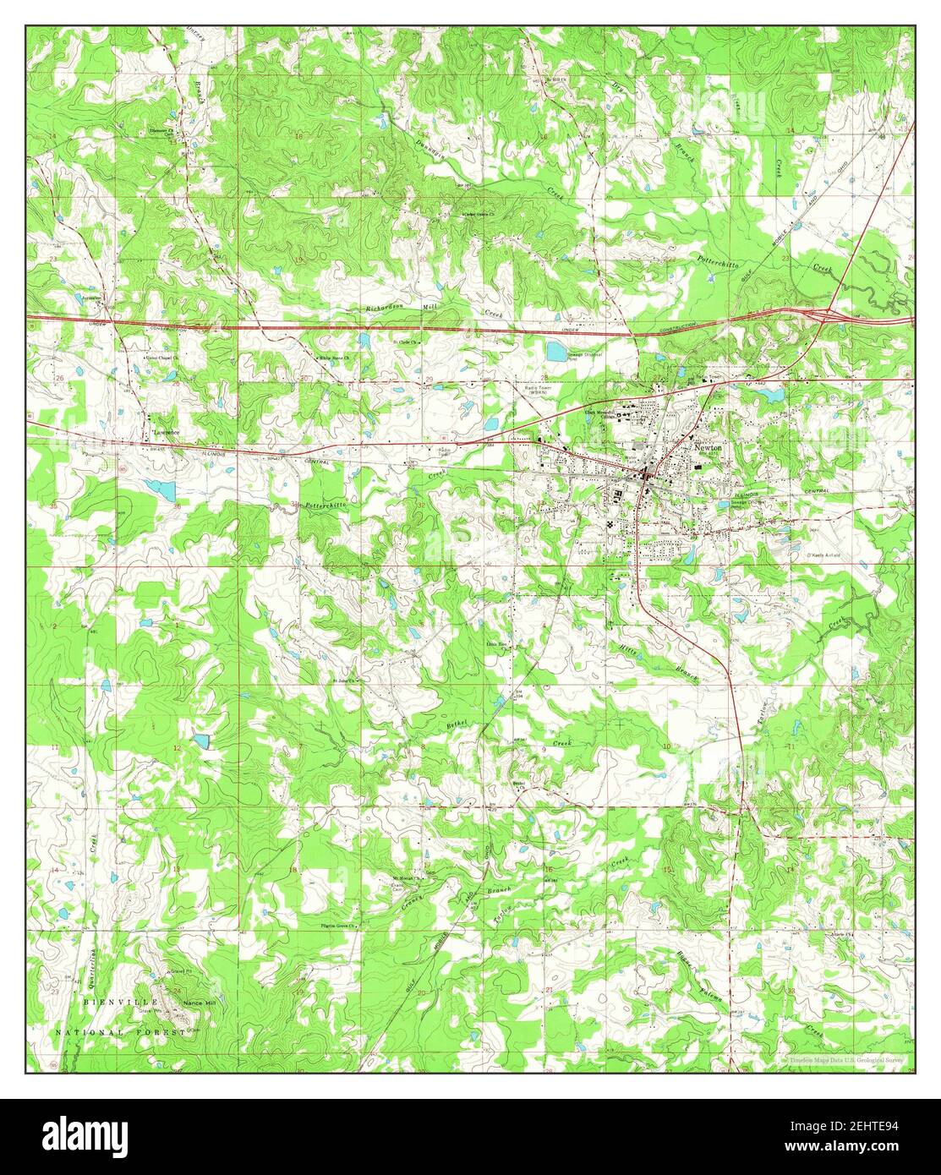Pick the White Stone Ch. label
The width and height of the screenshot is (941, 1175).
tap(336, 358)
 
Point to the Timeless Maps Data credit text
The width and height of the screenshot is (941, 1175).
tap(845, 1058)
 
